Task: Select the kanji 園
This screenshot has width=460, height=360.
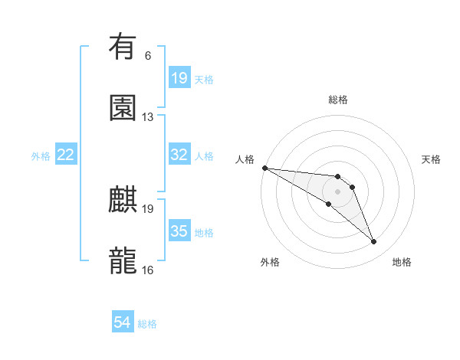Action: tap(123, 107)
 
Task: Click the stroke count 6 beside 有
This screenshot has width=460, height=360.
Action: tap(148, 56)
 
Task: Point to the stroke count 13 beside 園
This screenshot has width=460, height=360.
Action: tap(148, 117)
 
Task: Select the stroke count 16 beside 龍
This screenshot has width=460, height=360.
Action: tap(148, 270)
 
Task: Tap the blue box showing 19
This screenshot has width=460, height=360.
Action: tap(179, 78)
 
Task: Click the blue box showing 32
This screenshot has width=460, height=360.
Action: tap(179, 155)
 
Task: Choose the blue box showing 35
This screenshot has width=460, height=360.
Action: tap(179, 231)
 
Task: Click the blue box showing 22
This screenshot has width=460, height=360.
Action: tap(66, 155)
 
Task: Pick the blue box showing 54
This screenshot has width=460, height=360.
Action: tap(123, 323)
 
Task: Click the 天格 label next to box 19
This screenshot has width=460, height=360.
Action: tap(204, 79)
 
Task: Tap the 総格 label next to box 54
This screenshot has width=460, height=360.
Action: tap(147, 324)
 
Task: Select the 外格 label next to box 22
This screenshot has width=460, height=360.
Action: tap(41, 155)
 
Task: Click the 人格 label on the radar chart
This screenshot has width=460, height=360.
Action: tap(245, 159)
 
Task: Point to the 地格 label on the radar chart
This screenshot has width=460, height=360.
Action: tap(402, 262)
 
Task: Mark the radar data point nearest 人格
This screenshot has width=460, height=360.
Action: tap(264, 168)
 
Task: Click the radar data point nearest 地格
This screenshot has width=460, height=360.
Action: tap(374, 242)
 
